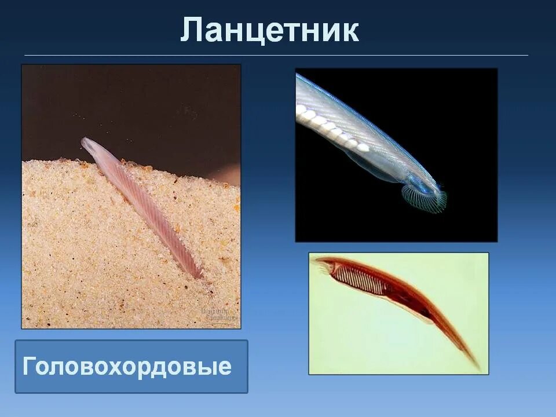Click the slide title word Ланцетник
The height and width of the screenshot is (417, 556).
(x=269, y=30)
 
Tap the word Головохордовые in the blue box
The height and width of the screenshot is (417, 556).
(x=127, y=367)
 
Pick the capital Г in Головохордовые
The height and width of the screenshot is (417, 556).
(x=30, y=367)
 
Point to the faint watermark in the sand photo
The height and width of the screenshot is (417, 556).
(x=219, y=314)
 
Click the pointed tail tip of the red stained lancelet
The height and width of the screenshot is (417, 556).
(x=477, y=367)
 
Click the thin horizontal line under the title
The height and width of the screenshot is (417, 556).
(x=276, y=56)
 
